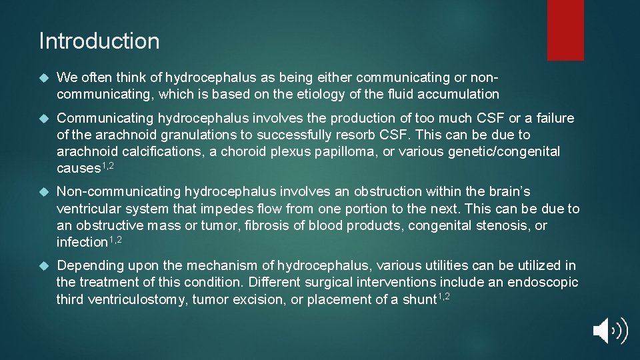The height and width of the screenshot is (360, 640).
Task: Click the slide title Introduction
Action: pyautogui.click(x=99, y=41)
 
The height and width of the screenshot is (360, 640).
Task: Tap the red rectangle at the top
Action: pyautogui.click(x=565, y=29)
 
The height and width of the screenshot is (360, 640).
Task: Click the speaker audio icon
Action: pyautogui.click(x=609, y=331)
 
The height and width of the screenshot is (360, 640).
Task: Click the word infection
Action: pyautogui.click(x=82, y=241)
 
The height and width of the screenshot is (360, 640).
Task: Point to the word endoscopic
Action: pyautogui.click(x=543, y=282)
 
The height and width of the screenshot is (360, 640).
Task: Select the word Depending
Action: pyautogui.click(x=88, y=266)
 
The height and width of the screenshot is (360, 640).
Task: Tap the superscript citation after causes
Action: pyautogui.click(x=108, y=165)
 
